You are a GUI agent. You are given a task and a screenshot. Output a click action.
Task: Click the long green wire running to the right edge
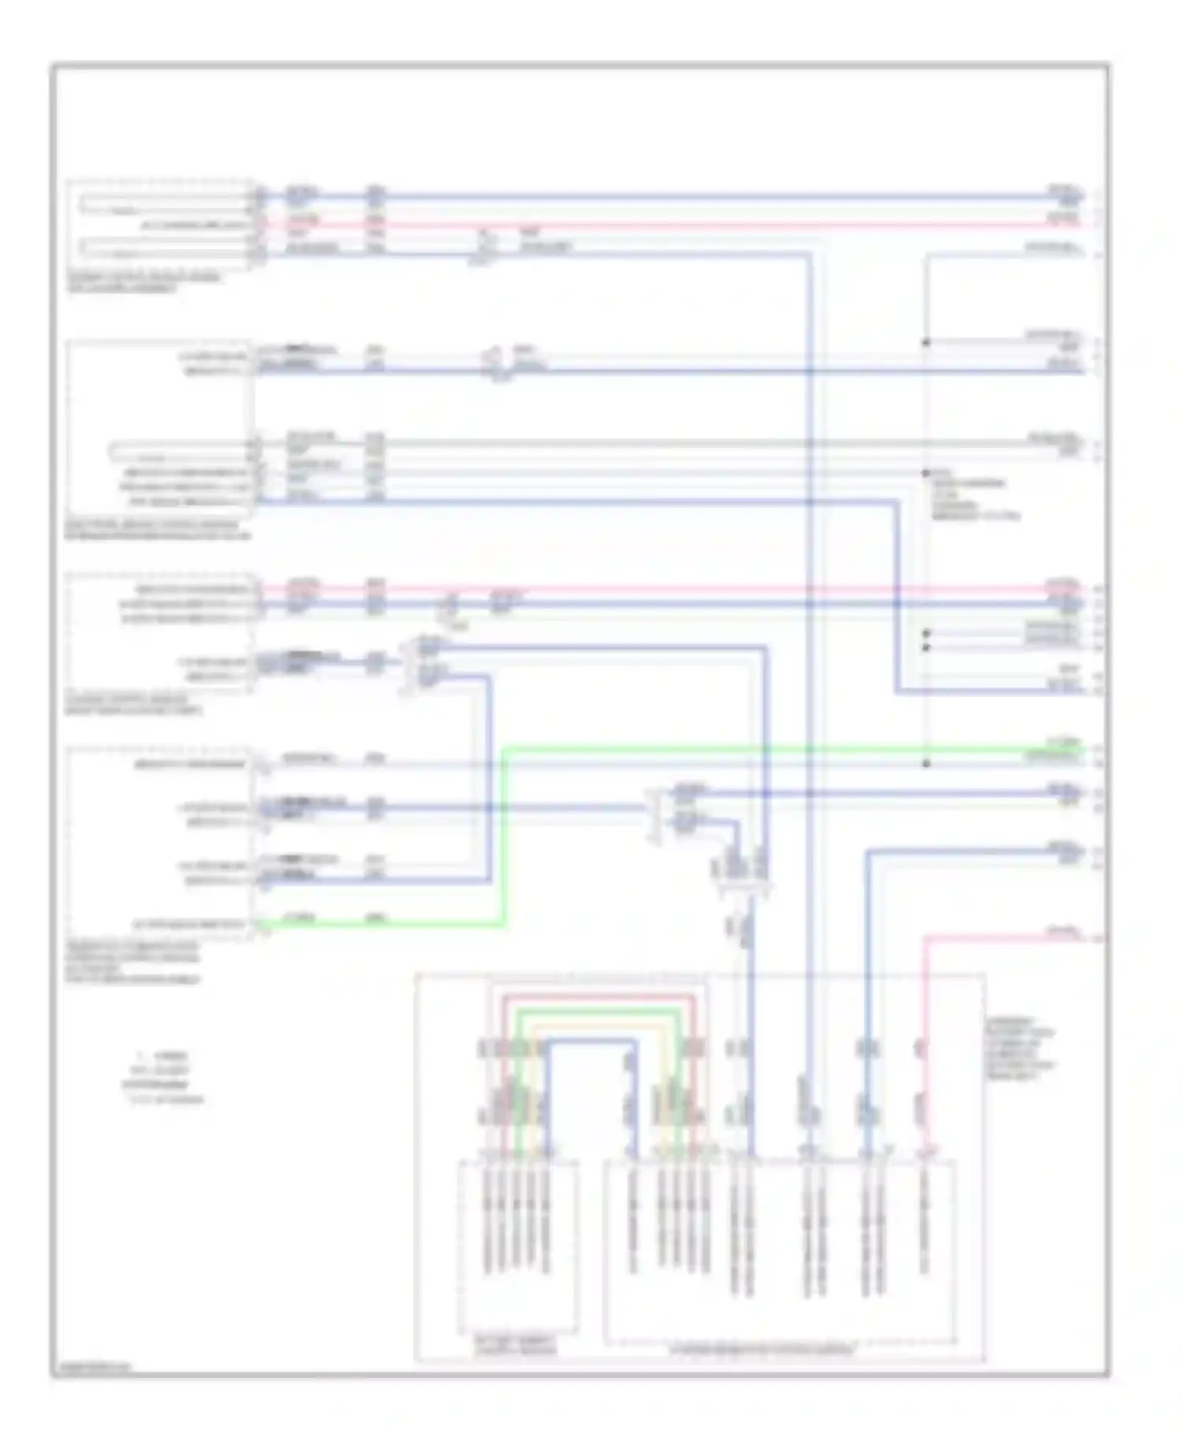point(788,747)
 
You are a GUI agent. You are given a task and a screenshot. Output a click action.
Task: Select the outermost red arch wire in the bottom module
point(599,996)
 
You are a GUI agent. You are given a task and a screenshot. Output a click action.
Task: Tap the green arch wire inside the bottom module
point(599,1010)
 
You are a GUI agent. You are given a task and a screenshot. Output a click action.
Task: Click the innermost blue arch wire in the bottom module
point(591,1041)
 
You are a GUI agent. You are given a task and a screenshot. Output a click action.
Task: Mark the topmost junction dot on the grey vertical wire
point(926,342)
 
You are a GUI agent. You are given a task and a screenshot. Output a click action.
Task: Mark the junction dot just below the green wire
point(926,763)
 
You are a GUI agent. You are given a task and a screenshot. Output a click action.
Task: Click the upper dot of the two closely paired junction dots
point(926,633)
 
